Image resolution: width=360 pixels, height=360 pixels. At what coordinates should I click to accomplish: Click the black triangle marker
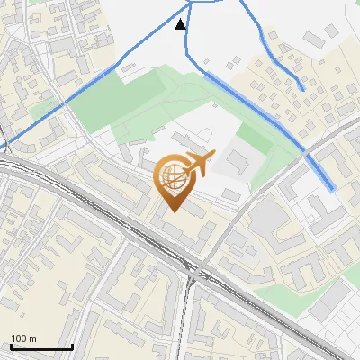coord(182,24)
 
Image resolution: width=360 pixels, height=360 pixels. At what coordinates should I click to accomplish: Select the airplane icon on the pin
coord(198,165)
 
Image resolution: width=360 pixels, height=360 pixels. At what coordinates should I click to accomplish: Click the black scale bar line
coord(41,347)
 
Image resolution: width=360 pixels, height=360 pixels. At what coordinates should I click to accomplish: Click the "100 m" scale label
coord(23,338)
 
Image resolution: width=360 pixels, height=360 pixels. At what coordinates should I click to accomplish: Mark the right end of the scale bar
coord(72,347)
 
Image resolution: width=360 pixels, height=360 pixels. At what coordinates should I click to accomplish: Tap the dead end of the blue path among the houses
coord(304,89)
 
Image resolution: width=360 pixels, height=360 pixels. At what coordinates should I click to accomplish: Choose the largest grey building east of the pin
coord(236,162)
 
